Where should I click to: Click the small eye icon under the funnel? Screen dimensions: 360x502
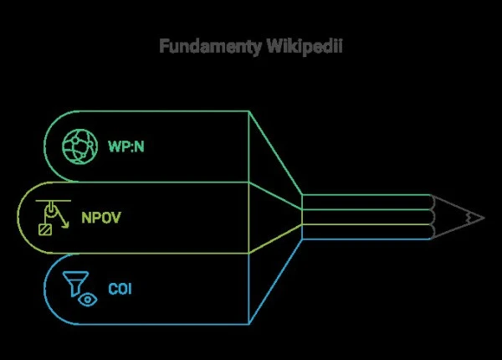[86, 299]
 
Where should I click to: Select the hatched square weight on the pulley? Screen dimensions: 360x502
[44, 228]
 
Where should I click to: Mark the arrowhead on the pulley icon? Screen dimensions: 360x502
[66, 226]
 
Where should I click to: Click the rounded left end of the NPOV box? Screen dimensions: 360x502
[23, 218]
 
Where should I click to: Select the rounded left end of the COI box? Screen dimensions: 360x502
[47, 289]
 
